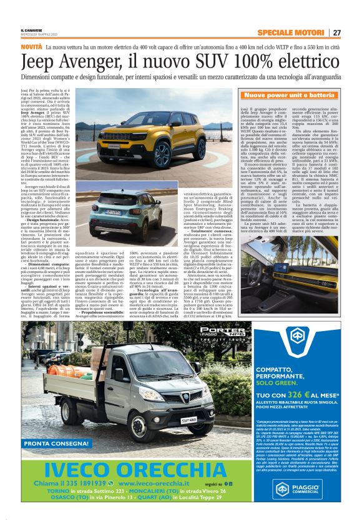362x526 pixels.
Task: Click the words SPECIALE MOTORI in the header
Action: click(x=293, y=32)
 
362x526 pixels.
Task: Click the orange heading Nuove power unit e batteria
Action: click(x=289, y=96)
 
